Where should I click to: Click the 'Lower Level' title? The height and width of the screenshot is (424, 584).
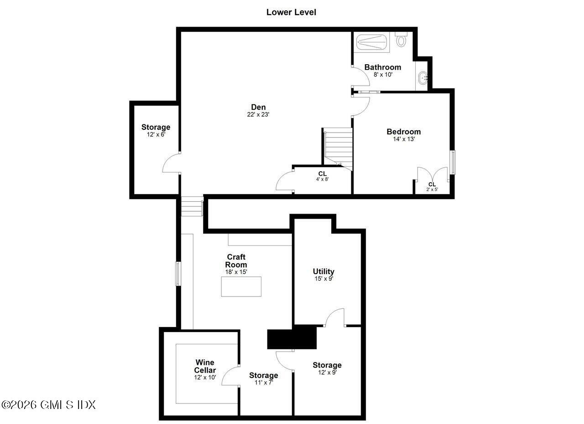click(x=291, y=12)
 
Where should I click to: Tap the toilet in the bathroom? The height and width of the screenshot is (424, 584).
click(x=401, y=41)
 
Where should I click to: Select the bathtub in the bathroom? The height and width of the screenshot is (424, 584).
click(x=371, y=42)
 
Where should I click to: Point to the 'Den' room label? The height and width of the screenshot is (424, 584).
click(x=258, y=107)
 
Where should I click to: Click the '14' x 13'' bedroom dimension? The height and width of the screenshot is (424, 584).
click(x=404, y=139)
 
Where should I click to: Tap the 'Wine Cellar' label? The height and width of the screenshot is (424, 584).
click(x=205, y=366)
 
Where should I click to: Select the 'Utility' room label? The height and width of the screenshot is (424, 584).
click(x=323, y=271)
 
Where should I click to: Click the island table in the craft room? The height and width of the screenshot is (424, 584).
click(x=241, y=286)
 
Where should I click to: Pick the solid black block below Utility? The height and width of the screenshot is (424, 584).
click(x=292, y=338)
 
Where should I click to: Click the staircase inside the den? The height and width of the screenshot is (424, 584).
click(x=338, y=147)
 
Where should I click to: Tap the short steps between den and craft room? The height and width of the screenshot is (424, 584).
click(x=192, y=206)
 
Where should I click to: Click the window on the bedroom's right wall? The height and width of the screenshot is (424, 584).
click(x=452, y=162)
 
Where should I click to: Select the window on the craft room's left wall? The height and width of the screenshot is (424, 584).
click(x=178, y=274)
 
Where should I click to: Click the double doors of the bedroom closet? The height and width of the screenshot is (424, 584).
click(x=432, y=175)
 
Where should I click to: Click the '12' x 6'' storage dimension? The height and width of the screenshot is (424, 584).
click(x=156, y=135)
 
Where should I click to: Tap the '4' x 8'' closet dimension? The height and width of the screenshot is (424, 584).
click(x=323, y=179)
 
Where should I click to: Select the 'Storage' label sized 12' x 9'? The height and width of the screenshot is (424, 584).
click(x=327, y=365)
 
